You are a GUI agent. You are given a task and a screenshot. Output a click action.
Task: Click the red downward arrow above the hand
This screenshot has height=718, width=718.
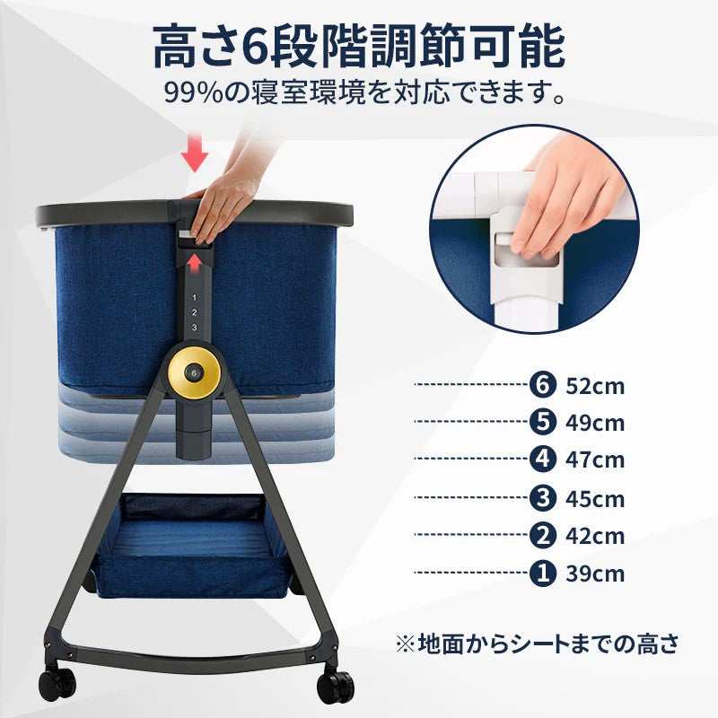pos(194,154)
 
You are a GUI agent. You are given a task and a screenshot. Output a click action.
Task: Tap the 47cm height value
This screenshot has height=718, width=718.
pos(595,460)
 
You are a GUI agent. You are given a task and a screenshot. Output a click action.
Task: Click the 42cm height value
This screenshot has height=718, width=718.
pos(595,536)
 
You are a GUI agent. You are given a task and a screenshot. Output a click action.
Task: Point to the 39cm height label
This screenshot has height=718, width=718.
pos(595,574)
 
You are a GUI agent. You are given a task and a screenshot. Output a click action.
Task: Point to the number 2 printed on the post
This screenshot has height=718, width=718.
pos(194,311)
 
